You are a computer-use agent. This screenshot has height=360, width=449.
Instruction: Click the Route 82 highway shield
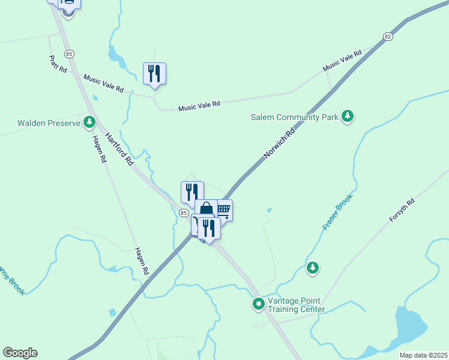[x=388, y=37]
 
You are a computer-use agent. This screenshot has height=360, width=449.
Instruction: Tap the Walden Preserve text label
[x=49, y=123]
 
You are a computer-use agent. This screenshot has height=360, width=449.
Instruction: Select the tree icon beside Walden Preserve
[x=89, y=123]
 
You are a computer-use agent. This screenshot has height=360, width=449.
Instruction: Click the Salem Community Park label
[x=295, y=117]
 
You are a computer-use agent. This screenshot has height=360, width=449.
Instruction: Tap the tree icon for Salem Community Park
[x=348, y=116]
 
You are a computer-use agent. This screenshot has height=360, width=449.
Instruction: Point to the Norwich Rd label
[x=280, y=142]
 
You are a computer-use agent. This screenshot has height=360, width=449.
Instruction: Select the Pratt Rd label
[x=58, y=64]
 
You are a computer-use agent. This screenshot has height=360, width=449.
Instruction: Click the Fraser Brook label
[x=337, y=212]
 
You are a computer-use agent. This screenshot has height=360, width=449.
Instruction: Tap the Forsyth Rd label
[x=402, y=211]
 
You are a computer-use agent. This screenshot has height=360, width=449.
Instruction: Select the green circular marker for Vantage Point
[x=259, y=304]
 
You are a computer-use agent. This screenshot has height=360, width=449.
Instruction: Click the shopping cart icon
[x=223, y=209]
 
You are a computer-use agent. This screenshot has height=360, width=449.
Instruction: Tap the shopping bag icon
[x=206, y=209]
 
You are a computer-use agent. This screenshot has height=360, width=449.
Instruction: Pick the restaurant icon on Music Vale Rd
[x=154, y=74]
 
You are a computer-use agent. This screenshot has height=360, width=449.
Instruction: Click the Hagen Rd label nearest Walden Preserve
[x=100, y=149]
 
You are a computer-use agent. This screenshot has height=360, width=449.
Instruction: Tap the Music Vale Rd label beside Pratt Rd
[x=103, y=83]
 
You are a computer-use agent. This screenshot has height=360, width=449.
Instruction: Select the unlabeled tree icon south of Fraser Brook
[x=312, y=268]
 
